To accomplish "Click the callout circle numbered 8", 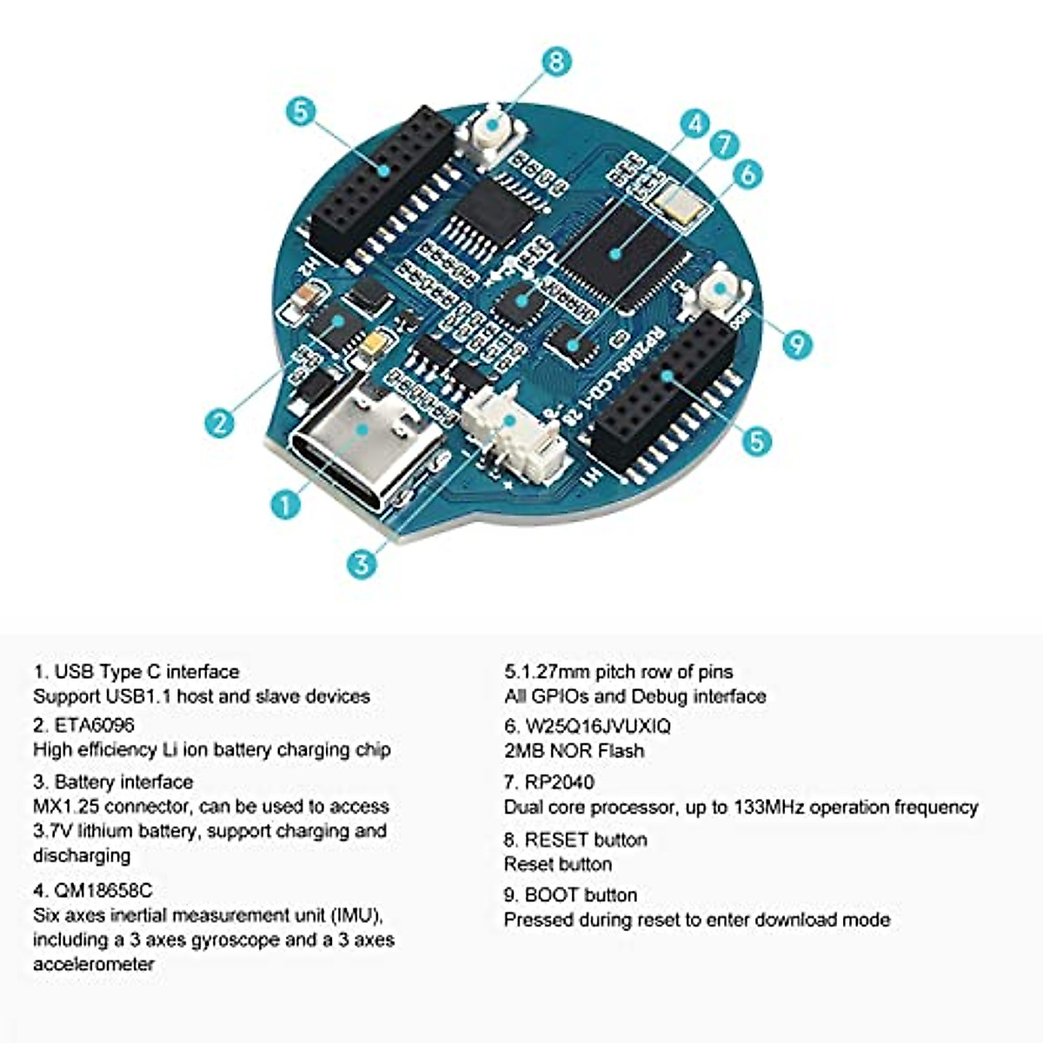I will pyautogui.click(x=556, y=62).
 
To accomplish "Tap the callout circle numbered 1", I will pyautogui.click(x=286, y=503).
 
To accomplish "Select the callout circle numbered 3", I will pyautogui.click(x=362, y=563).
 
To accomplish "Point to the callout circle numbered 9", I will pyautogui.click(x=796, y=344).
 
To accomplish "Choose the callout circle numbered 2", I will pyautogui.click(x=220, y=422).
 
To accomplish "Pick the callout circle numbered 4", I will pyautogui.click(x=694, y=124).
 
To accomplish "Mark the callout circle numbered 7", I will pyautogui.click(x=725, y=145).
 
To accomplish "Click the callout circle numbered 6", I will pyautogui.click(x=747, y=174).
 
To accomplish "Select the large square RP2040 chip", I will pyautogui.click(x=619, y=252).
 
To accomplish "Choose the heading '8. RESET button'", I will pyautogui.click(x=575, y=840).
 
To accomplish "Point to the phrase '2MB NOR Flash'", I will pyautogui.click(x=574, y=751).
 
